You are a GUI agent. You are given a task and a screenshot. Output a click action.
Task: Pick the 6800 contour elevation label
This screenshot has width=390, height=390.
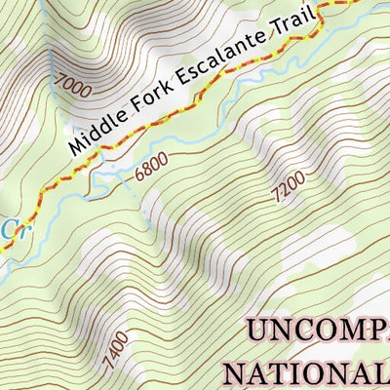[151, 167]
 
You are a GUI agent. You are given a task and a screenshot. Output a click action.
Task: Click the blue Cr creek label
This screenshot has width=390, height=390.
[10, 229]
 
